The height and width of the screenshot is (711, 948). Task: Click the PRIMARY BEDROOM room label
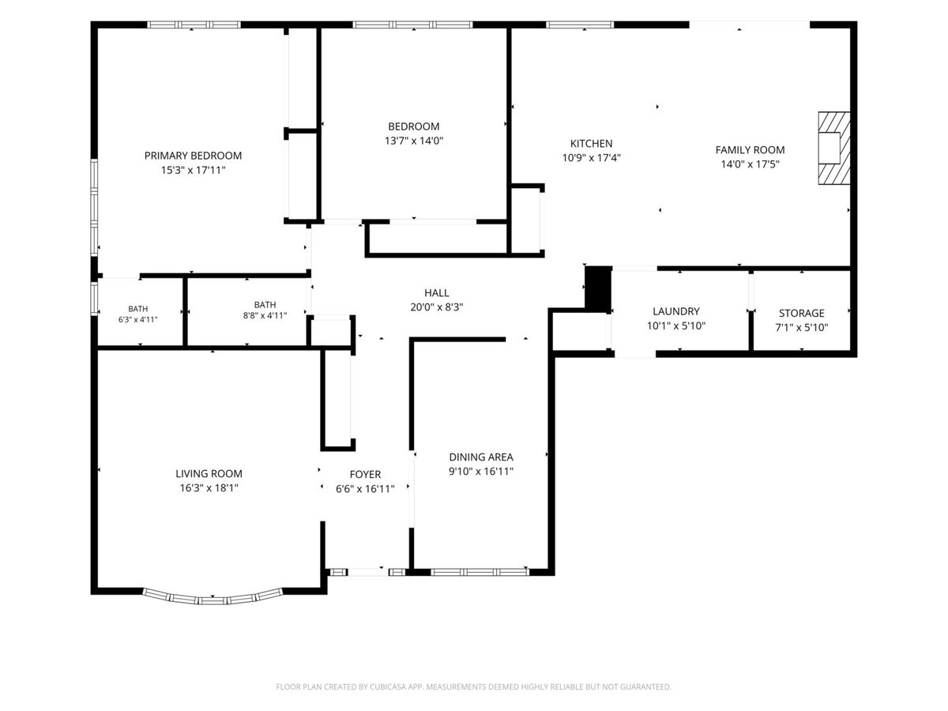point(193,156)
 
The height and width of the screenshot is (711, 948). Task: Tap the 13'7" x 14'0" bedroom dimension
point(414,141)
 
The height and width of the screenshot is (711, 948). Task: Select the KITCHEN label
point(591,143)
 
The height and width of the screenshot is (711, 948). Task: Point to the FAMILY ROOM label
point(750,150)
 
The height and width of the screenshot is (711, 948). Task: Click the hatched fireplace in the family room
point(834,148)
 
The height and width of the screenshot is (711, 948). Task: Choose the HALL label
point(437,292)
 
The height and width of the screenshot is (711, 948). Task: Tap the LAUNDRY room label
point(676,311)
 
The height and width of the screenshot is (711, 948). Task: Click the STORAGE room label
point(802,313)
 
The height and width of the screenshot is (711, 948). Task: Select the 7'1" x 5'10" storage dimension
point(802,327)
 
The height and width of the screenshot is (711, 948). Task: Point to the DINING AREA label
point(481,457)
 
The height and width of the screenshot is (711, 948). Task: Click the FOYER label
point(366,475)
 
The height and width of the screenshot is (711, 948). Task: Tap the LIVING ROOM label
point(209,473)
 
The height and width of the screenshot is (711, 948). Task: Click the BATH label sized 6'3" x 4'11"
point(137,309)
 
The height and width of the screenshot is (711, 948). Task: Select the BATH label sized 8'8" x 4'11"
point(265,304)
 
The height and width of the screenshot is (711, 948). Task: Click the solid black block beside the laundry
point(598,289)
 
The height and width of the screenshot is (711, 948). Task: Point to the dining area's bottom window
point(480,573)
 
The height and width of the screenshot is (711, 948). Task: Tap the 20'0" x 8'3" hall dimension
point(437,307)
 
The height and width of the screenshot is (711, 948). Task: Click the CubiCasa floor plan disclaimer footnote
point(474,687)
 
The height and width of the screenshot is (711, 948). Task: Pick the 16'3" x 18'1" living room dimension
point(209,487)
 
